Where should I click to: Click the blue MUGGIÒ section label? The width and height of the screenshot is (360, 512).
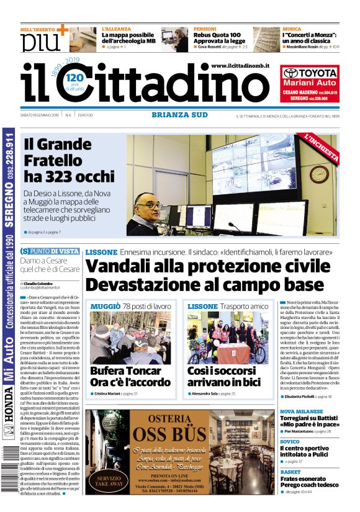[105, 307]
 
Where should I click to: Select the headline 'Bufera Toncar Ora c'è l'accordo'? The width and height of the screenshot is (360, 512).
[127, 377]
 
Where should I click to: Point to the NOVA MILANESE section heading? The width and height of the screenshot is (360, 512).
[301, 411]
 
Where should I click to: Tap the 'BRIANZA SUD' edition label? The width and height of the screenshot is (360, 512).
[179, 114]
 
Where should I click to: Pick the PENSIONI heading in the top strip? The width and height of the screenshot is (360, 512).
[204, 29]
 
